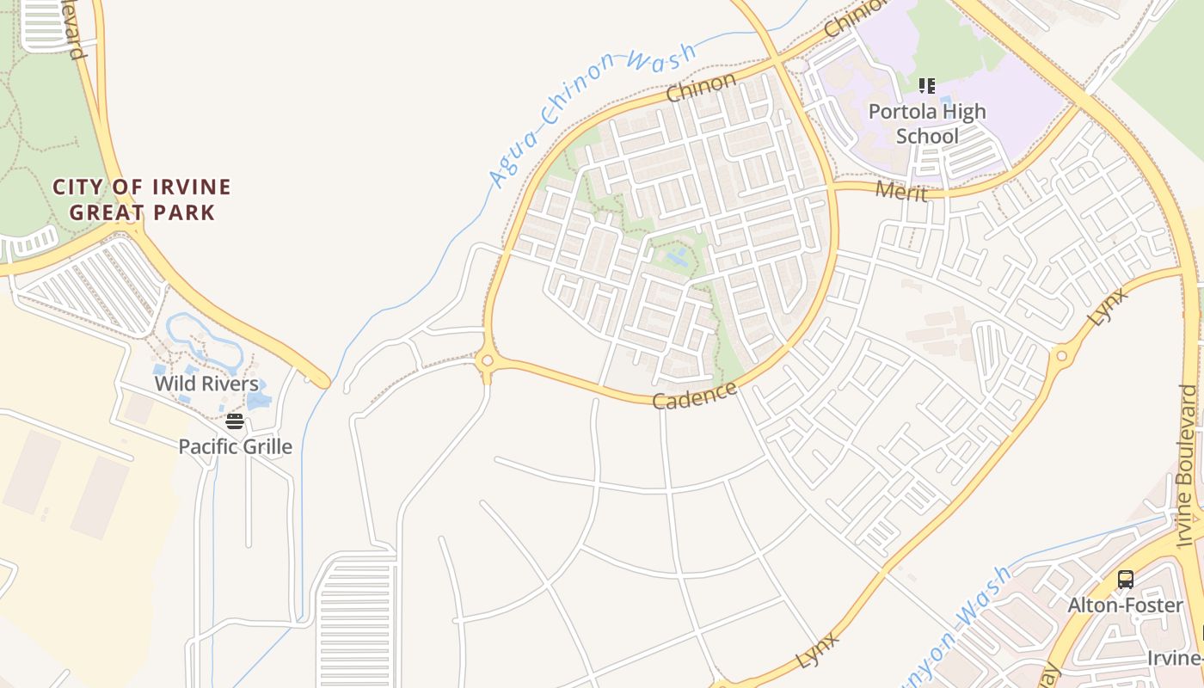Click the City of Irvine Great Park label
[142, 200]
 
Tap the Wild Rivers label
[206, 384]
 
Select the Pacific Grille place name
[235, 446]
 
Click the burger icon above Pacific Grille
[235, 421]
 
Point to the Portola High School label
[927, 124]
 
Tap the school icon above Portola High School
[926, 86]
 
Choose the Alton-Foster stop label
[1125, 605]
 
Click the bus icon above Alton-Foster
[1125, 580]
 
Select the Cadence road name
[695, 396]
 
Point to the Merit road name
[901, 191]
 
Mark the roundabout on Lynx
[1060, 354]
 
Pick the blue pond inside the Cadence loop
[676, 256]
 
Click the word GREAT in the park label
[108, 212]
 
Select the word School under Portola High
[927, 136]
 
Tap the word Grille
[263, 446]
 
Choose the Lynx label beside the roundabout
[1108, 306]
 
